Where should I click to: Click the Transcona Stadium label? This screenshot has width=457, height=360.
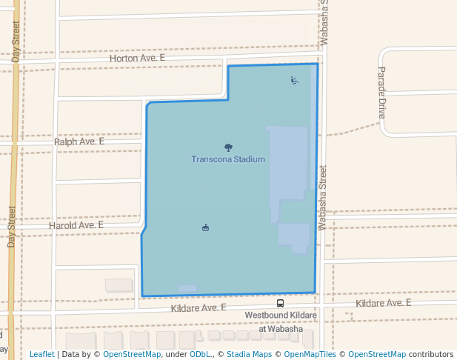click(227, 159)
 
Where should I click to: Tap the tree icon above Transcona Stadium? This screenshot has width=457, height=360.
click(227, 147)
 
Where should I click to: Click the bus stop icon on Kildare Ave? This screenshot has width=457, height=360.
click(280, 303)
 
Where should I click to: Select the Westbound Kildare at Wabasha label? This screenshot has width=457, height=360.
click(281, 316)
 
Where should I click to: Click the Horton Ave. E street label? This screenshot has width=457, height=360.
click(137, 57)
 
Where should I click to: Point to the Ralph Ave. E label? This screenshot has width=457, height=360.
click(79, 141)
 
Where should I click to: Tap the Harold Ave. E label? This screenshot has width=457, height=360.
click(76, 224)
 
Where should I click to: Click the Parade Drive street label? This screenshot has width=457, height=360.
click(382, 93)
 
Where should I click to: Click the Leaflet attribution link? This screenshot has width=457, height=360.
click(41, 354)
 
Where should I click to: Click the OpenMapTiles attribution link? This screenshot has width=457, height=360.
click(310, 354)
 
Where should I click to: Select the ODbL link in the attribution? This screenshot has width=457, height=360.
click(199, 354)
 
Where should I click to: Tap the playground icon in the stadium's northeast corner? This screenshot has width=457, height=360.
click(295, 80)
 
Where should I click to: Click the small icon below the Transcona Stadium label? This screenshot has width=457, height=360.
click(205, 227)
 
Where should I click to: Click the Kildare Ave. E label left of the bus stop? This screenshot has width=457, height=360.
click(198, 307)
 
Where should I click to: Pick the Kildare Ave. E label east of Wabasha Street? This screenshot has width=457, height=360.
click(383, 303)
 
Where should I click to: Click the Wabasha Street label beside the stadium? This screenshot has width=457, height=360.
click(323, 198)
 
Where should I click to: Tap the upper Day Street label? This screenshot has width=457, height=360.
click(16, 41)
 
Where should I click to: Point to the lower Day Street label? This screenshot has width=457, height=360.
click(12, 227)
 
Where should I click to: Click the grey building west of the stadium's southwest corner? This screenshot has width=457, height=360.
click(119, 285)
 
